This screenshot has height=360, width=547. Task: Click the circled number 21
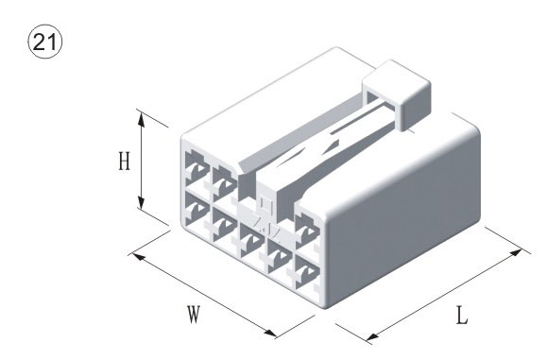[44, 42]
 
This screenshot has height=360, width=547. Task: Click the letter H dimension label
[124, 162]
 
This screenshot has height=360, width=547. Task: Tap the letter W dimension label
[194, 314]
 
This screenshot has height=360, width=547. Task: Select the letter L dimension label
[462, 316]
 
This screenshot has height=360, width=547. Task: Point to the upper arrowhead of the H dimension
[141, 120]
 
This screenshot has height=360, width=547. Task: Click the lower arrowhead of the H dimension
[141, 202]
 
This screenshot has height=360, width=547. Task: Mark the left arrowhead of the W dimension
[139, 257]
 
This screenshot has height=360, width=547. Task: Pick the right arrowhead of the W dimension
[269, 334]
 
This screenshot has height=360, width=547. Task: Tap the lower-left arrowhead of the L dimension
[372, 337]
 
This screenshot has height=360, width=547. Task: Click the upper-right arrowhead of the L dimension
[515, 252]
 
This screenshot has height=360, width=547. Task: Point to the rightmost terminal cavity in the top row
[307, 231]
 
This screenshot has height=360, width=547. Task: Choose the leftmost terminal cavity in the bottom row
[197, 209]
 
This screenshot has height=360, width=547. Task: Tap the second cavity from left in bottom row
[224, 224]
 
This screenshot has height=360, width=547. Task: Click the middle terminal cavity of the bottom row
[252, 240]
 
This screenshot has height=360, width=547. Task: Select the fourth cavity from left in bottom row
[280, 256]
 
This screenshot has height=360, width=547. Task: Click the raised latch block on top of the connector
[398, 94]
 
